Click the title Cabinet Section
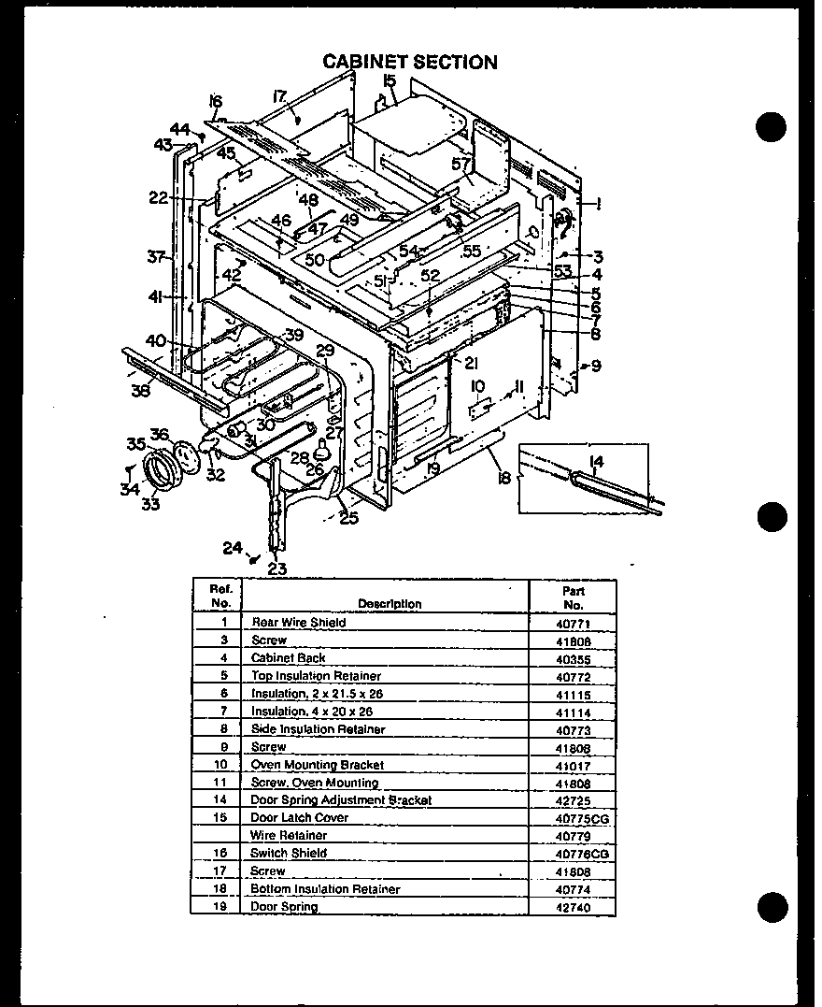tap(410, 62)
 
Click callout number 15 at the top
tap(390, 82)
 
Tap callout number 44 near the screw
tap(179, 129)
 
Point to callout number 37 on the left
tap(156, 256)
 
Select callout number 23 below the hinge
tap(276, 568)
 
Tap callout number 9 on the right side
tap(596, 366)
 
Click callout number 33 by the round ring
tap(149, 505)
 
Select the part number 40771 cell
tap(573, 623)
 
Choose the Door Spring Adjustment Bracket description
tap(341, 800)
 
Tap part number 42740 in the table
tap(573, 908)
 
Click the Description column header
tap(389, 604)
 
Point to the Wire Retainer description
tap(289, 835)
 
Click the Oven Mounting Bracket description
tap(317, 765)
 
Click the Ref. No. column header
tap(220, 597)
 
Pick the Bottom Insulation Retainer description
tap(325, 889)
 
